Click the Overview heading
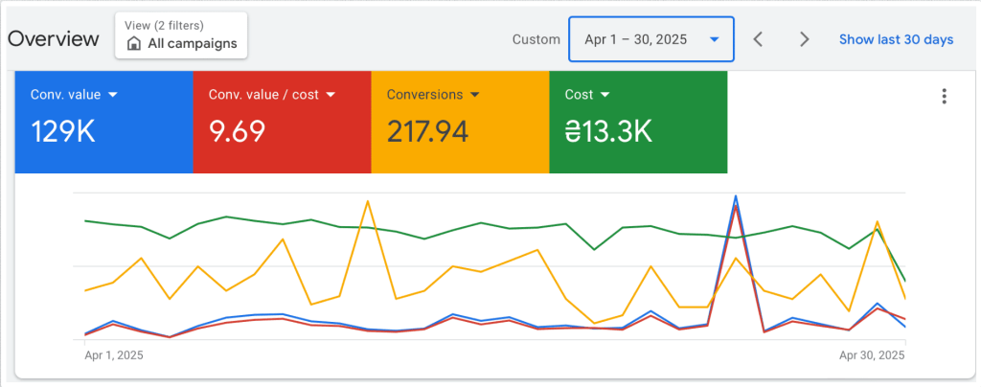click(x=53, y=39)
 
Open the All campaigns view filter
click(x=181, y=35)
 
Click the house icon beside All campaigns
click(x=134, y=44)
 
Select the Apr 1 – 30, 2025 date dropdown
click(x=650, y=39)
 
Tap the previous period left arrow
click(x=758, y=39)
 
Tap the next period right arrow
click(x=805, y=39)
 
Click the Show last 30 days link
click(x=896, y=39)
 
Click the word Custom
click(x=536, y=39)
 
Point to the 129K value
click(x=63, y=131)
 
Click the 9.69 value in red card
click(x=237, y=131)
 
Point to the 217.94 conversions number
click(x=427, y=131)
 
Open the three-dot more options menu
click(x=945, y=96)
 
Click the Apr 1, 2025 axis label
click(x=114, y=354)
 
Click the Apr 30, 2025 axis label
click(x=871, y=354)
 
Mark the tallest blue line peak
click(x=736, y=196)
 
